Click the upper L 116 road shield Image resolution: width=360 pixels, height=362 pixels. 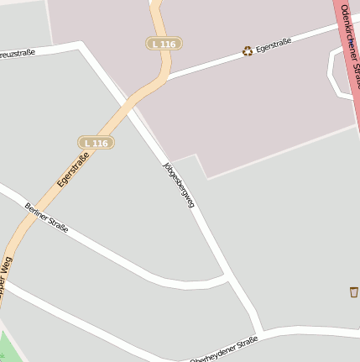164,43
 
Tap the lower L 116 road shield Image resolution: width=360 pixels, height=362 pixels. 96,143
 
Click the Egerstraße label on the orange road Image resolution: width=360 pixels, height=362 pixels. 73,168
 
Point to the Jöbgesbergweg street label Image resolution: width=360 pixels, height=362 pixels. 179,182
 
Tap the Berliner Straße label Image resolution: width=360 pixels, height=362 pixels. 46,218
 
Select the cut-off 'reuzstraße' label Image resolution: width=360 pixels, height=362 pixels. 17,53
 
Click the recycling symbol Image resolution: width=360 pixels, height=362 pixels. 248,51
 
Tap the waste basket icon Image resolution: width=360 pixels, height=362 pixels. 353,291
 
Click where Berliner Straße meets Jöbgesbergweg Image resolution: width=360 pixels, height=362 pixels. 229,276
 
